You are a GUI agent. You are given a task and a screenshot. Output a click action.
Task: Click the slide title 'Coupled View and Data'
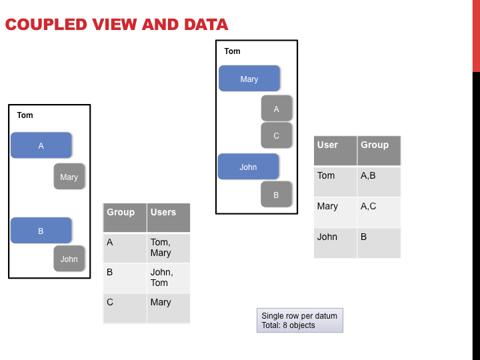coord(117,25)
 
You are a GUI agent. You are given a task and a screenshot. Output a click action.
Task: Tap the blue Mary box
coord(249,79)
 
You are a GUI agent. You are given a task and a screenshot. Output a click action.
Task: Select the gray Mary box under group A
coord(69,176)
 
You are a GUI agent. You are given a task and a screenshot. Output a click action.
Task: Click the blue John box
coord(248,167)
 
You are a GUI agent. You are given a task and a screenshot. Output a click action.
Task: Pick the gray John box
coord(69,259)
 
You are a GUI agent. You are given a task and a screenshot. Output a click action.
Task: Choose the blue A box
coord(41,145)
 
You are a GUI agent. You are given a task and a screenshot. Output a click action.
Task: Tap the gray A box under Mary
coord(277,109)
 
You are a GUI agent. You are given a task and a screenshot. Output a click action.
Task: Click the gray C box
coord(277,135)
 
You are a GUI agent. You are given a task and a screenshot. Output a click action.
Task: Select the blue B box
coord(41,231)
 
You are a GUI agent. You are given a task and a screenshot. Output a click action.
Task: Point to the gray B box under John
coord(276,195)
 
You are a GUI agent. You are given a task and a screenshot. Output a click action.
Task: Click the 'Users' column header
coord(169,217)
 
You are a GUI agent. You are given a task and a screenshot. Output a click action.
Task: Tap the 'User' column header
coord(335,151)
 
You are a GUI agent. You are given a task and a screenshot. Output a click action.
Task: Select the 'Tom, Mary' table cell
coord(169,248)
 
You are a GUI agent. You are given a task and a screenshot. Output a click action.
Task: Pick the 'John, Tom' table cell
coord(169,278)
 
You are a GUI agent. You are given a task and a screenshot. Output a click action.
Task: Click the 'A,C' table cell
coord(379,212)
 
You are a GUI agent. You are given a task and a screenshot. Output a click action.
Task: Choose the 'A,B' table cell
coord(379,181)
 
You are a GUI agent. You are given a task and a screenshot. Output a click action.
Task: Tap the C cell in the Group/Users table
coord(125,308)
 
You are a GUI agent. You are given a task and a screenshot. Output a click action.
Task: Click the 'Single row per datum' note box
coord(300,320)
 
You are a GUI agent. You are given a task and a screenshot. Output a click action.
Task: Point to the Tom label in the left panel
coord(25,115)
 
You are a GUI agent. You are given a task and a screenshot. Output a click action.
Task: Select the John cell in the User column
coord(335,243)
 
